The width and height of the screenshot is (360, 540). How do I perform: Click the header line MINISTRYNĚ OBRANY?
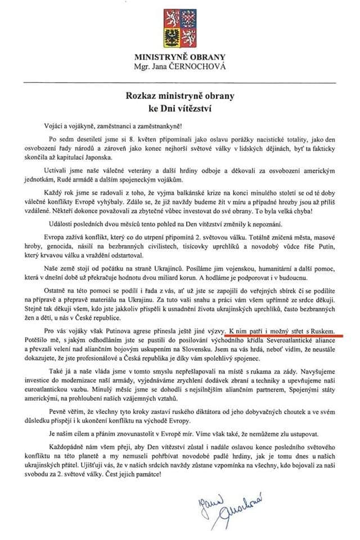179,57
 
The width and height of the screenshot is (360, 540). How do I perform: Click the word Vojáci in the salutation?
58,124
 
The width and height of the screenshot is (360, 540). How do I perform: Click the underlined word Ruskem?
327,327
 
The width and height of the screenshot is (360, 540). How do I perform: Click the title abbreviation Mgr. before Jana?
143,66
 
